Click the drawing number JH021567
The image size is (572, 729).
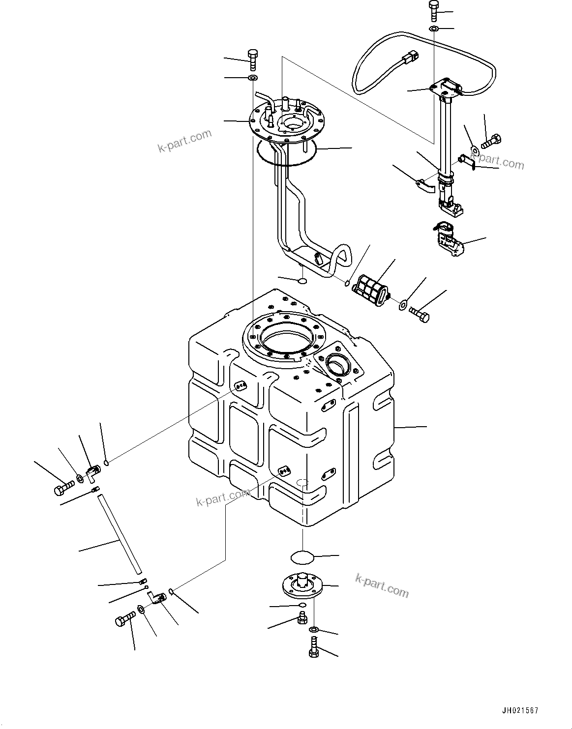[520, 711]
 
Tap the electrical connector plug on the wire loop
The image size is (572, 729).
[409, 58]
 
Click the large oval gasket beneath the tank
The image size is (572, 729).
[301, 557]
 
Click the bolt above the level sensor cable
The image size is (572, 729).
[433, 10]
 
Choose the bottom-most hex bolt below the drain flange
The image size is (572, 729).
[313, 648]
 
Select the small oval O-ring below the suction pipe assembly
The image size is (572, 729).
[302, 281]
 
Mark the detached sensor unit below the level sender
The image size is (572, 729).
[448, 239]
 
